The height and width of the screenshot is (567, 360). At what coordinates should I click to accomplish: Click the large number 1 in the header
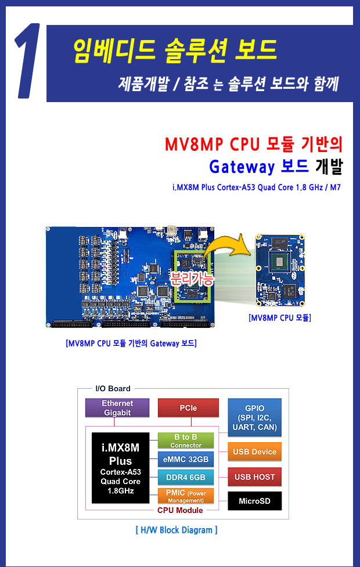pyautogui.click(x=29, y=61)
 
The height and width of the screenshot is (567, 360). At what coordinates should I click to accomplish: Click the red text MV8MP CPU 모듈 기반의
pyautogui.click(x=254, y=145)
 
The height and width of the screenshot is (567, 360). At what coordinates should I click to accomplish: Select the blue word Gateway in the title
pyautogui.click(x=242, y=167)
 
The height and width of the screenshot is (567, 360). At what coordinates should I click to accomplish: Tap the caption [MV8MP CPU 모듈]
pyautogui.click(x=280, y=318)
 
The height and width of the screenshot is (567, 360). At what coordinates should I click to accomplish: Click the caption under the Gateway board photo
pyautogui.click(x=131, y=344)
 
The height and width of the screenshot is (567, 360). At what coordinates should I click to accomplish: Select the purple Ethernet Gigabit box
pyautogui.click(x=117, y=408)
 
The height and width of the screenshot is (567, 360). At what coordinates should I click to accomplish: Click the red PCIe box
pyautogui.click(x=188, y=408)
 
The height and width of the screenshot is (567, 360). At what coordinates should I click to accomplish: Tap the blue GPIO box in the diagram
pyautogui.click(x=255, y=417)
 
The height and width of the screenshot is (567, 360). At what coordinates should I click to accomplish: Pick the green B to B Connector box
pyautogui.click(x=186, y=441)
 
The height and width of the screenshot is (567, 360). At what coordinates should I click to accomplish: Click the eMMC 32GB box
pyautogui.click(x=186, y=459)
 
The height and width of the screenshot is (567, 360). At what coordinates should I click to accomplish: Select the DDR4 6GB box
pyautogui.click(x=186, y=477)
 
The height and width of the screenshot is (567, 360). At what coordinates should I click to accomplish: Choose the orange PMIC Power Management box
pyautogui.click(x=186, y=496)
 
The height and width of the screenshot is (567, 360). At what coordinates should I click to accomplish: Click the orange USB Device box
pyautogui.click(x=255, y=452)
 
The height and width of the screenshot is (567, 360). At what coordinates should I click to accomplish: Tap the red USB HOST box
pyautogui.click(x=255, y=477)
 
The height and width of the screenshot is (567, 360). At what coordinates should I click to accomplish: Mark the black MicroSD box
pyautogui.click(x=255, y=501)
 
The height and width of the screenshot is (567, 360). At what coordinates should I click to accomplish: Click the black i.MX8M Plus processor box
pyautogui.click(x=120, y=468)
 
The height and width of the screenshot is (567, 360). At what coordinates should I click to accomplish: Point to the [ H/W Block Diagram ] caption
pyautogui.click(x=177, y=530)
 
